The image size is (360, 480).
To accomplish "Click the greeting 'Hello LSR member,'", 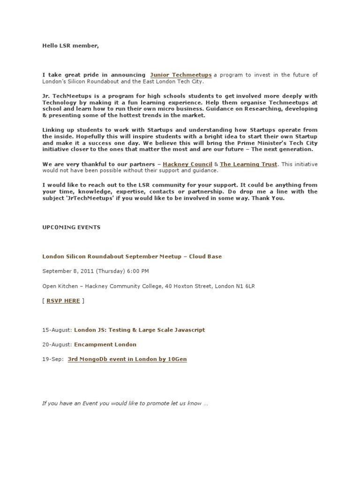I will [x=71, y=46].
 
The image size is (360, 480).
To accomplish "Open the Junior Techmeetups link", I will [x=181, y=75].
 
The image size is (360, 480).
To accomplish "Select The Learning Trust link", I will [x=248, y=165].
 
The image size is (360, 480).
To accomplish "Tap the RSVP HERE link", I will [x=63, y=300].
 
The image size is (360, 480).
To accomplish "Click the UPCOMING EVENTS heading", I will [x=71, y=227].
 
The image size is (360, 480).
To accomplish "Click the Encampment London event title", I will [x=105, y=344].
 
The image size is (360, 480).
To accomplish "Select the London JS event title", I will [x=139, y=330].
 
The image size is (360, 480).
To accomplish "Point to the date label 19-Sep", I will [x=53, y=359].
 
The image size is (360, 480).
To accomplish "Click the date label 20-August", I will [x=57, y=344].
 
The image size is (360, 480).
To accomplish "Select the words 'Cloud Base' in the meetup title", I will [x=205, y=256].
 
